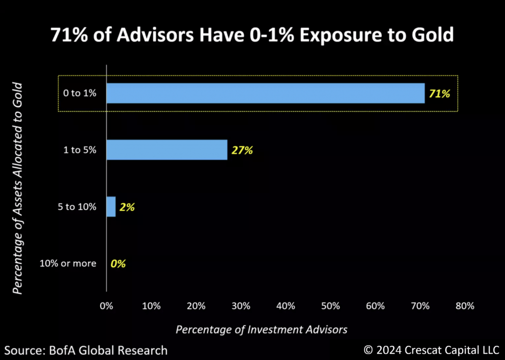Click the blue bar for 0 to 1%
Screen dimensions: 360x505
[x=265, y=93]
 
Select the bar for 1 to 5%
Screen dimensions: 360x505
[x=167, y=150]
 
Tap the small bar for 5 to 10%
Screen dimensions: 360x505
[x=111, y=207]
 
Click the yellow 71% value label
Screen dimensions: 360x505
[x=439, y=94]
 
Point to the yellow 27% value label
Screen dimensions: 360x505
[x=242, y=150]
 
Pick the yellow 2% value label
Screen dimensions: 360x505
[x=127, y=207]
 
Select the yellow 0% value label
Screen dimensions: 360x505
[x=118, y=264]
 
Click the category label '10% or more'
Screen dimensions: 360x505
[x=68, y=263]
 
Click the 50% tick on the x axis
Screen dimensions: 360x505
[x=330, y=306]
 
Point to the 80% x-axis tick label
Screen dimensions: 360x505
[x=465, y=306]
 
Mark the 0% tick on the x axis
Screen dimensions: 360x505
[x=107, y=306]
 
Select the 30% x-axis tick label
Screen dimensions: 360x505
[x=241, y=306]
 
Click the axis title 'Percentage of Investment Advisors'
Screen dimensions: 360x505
[x=261, y=329]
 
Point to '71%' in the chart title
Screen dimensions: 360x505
[x=69, y=36]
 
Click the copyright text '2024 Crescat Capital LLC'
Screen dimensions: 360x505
[x=436, y=350]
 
